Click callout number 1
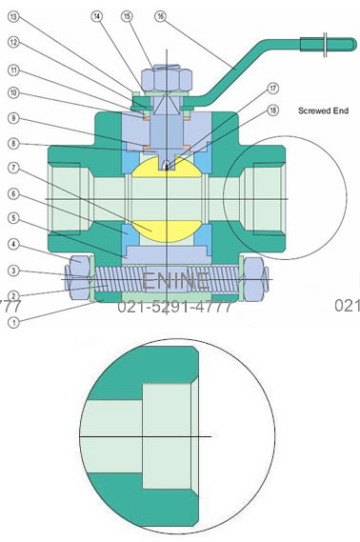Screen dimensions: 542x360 [12, 322]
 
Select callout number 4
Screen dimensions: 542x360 [12, 245]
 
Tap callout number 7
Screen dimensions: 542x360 [12, 169]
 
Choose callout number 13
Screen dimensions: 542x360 [12, 16]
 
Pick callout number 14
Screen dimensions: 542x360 [98, 16]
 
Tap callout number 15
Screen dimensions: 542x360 [128, 16]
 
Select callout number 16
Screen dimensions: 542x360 [159, 16]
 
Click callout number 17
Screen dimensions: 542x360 [272, 88]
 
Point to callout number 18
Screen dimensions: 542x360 [272, 111]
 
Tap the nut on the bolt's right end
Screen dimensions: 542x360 [258, 278]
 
